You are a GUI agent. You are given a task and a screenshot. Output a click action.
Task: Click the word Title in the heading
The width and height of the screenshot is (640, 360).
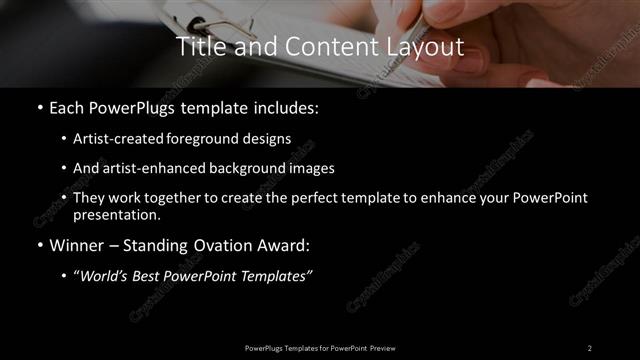pos(198,46)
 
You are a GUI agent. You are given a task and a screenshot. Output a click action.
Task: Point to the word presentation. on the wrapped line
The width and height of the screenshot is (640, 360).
pos(116,214)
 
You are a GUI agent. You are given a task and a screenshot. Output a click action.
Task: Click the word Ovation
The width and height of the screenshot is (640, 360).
pos(215,244)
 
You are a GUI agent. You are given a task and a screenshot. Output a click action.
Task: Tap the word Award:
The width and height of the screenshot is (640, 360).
pos(281,244)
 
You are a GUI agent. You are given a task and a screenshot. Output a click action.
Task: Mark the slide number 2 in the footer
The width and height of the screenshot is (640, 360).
pos(589,347)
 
